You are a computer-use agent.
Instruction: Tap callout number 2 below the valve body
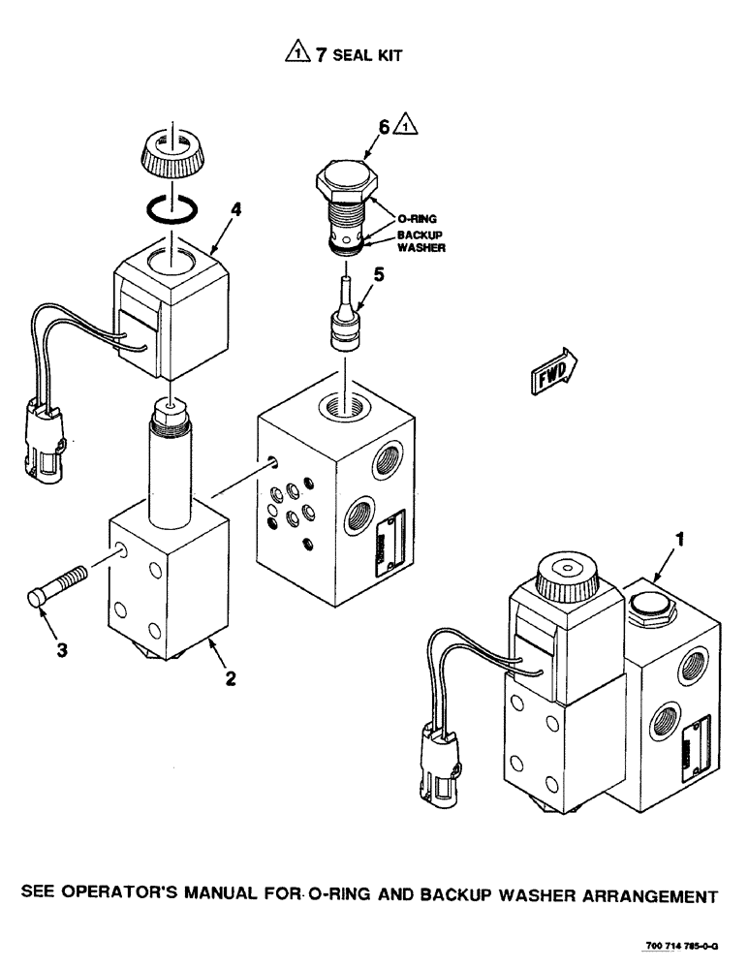(231, 678)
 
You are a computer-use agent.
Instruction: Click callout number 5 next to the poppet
(384, 126)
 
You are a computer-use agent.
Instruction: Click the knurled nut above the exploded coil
(171, 207)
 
